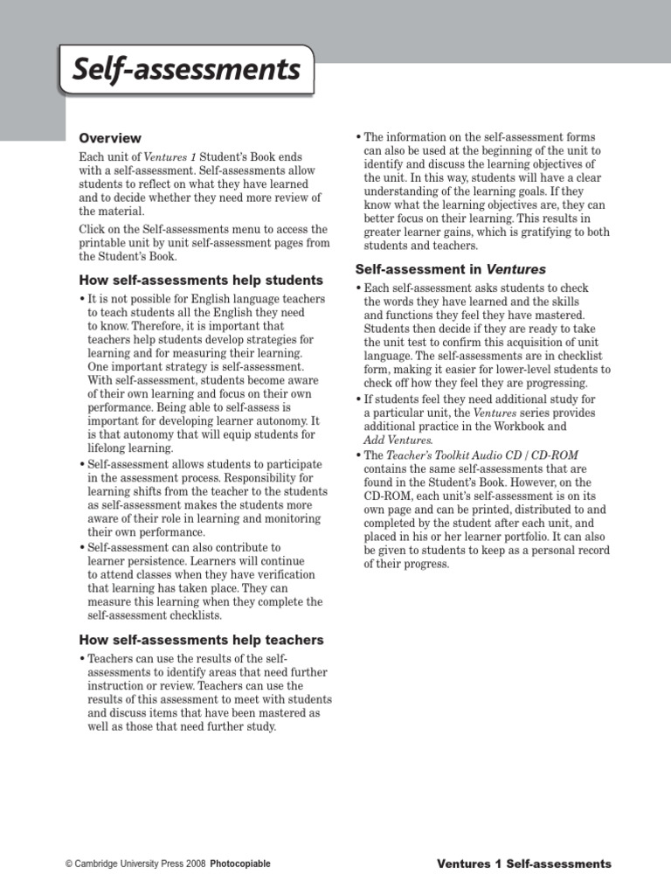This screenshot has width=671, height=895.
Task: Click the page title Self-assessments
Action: [x=186, y=69]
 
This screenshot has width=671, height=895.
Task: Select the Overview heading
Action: [x=110, y=138]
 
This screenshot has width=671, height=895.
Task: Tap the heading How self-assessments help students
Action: [x=201, y=281]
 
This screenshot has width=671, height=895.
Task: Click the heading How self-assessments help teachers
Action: [x=201, y=640]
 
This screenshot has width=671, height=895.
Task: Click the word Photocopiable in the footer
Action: [x=240, y=864]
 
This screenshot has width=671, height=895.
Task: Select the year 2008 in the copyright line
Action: [x=194, y=864]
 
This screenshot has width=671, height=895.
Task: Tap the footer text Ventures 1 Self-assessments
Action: [x=523, y=864]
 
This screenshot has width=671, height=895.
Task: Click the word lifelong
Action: [x=109, y=448]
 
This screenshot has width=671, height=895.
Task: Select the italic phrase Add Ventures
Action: [x=398, y=440]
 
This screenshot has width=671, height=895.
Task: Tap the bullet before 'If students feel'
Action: [x=359, y=399]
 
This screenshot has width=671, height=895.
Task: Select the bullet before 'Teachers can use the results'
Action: [x=82, y=658]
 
